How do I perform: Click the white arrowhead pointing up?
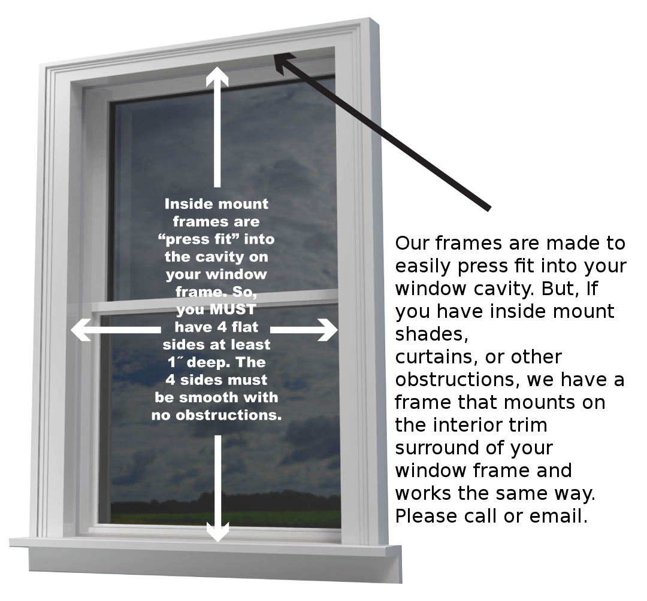pos(217,77)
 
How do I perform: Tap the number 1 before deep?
pos(171,363)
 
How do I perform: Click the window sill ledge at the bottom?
pos(204,543)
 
